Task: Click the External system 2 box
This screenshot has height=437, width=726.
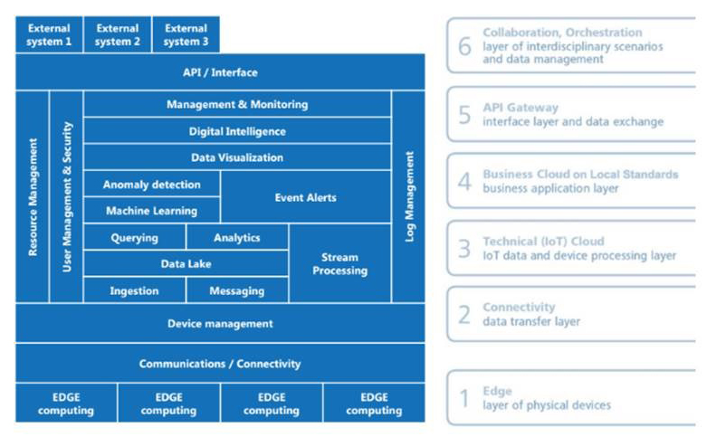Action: [x=118, y=34]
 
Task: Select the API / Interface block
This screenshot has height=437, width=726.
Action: [x=220, y=72]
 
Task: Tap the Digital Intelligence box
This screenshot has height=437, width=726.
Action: [x=237, y=131]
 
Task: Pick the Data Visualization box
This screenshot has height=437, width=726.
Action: [x=237, y=157]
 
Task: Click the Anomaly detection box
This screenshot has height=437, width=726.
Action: [x=152, y=185]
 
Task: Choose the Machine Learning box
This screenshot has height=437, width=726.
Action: [x=152, y=211]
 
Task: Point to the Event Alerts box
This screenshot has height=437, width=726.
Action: [x=306, y=197]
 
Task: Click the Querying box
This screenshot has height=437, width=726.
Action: [x=134, y=237]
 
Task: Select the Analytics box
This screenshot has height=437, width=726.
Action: [x=237, y=237]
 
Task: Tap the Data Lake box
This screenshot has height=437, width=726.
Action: [x=186, y=264]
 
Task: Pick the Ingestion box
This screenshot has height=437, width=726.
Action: [x=134, y=290]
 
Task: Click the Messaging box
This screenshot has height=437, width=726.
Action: [x=237, y=290]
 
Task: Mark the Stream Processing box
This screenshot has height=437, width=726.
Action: [x=339, y=263]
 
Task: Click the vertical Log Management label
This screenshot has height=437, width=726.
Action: [x=409, y=196]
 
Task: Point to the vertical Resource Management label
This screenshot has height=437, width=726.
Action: [x=33, y=196]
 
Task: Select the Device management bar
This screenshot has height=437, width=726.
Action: [x=220, y=323]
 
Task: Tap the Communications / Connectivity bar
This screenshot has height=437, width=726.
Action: [x=220, y=364]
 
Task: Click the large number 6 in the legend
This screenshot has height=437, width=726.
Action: [x=464, y=46]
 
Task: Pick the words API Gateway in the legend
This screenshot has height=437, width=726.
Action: [x=521, y=108]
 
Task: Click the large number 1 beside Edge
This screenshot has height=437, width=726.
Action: [x=464, y=398]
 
